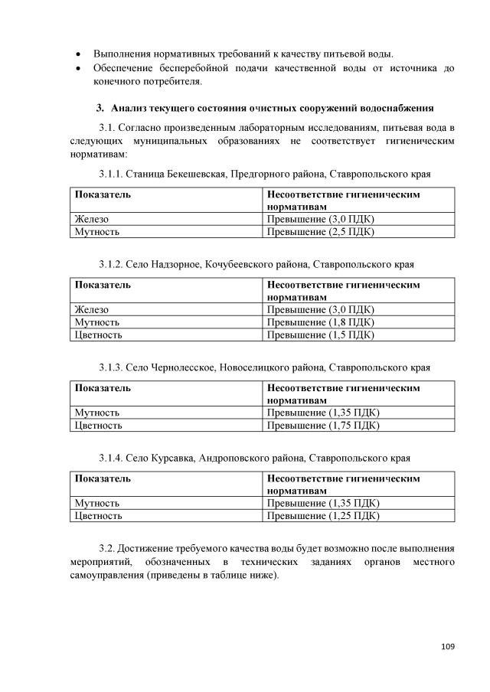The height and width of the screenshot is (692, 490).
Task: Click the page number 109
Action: pyautogui.click(x=448, y=647)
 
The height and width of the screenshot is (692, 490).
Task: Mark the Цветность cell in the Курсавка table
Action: pyautogui.click(x=98, y=516)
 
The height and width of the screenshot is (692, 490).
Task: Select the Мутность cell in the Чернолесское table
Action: pyautogui.click(x=96, y=413)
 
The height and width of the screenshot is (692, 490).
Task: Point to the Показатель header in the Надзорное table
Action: pyautogui.click(x=102, y=285)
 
